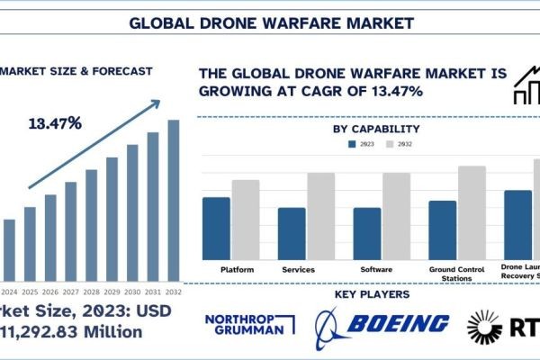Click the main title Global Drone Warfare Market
point(270,20)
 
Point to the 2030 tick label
point(132,292)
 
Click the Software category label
point(376,270)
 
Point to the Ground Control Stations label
point(454,274)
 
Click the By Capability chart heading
point(376,129)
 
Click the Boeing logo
point(382,325)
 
